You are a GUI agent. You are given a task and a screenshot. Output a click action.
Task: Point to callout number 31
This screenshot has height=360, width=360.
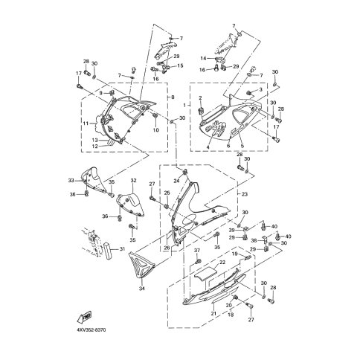(x=123, y=249)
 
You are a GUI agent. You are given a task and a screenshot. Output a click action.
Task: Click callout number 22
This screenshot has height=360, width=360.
(x=222, y=263)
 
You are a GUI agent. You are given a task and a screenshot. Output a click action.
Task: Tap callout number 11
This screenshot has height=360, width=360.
(x=86, y=123)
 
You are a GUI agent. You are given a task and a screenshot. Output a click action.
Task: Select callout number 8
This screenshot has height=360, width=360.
(x=173, y=97)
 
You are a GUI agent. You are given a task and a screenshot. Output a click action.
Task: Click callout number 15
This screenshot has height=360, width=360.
(x=179, y=65)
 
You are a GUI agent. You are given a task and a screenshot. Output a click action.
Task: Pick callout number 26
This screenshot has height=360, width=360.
(x=167, y=248)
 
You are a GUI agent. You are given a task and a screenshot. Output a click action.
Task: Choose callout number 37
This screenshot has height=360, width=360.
(x=198, y=251)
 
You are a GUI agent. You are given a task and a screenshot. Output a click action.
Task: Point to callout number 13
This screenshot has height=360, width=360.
(x=95, y=139)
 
